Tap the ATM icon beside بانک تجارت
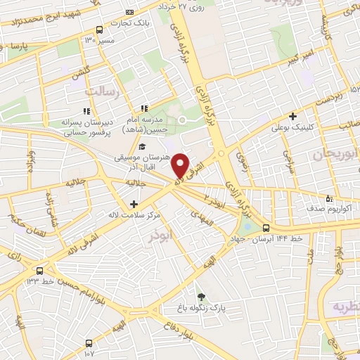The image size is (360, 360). click(129, 12)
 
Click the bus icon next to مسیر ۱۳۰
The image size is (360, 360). click(99, 30)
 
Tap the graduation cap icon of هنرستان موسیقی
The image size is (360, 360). click(143, 146)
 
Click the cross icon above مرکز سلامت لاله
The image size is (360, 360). click(134, 203)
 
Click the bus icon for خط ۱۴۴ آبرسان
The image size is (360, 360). click(266, 227)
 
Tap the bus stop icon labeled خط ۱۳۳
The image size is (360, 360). click(39, 269)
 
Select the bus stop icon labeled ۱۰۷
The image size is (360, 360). click(89, 343)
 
